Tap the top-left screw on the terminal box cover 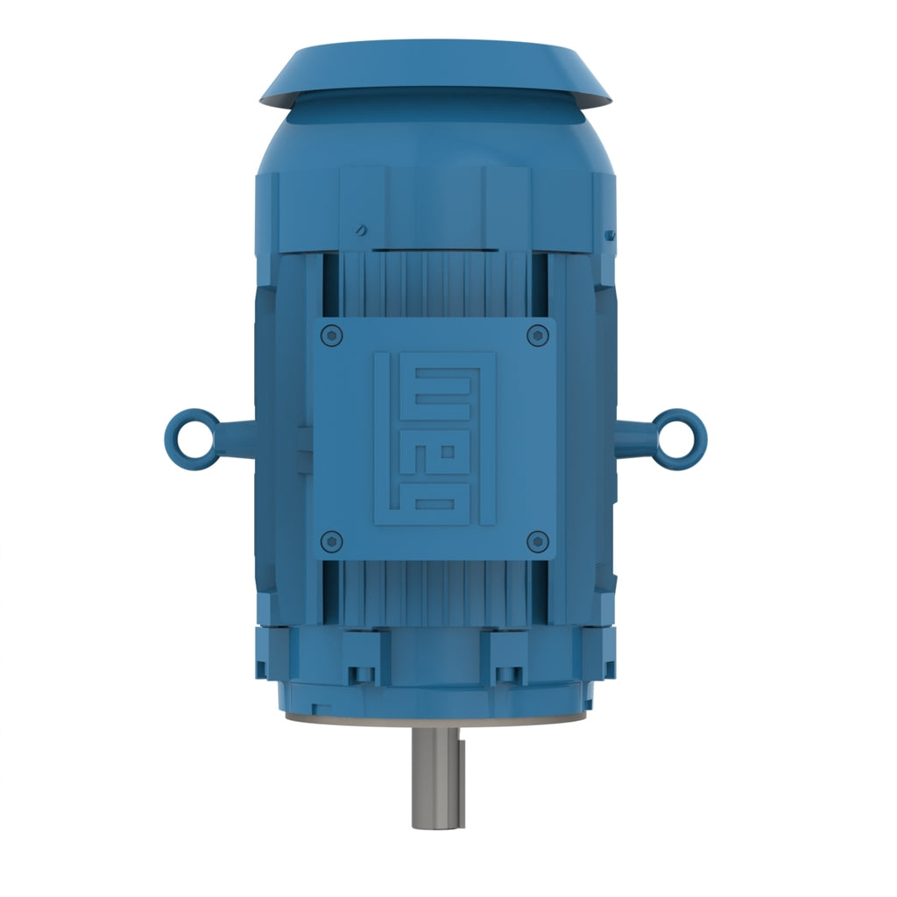(332, 335)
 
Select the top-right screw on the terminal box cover (537, 335)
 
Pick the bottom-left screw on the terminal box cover (332, 541)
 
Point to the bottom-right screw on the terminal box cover (537, 541)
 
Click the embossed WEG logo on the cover (434, 438)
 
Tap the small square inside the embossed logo (448, 452)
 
